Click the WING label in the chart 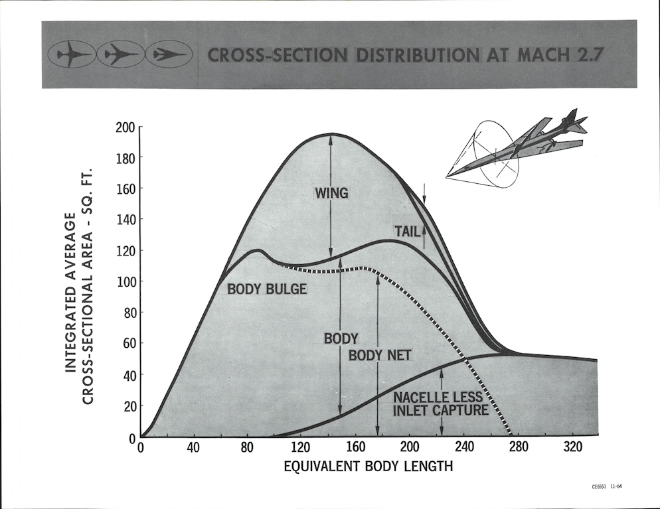331,194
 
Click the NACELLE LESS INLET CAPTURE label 441,403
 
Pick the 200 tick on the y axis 125,127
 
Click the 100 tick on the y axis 125,281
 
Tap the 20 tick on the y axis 128,406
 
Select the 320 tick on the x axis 572,447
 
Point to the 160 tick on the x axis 356,447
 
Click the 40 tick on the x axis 193,447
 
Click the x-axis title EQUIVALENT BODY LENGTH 368,466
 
